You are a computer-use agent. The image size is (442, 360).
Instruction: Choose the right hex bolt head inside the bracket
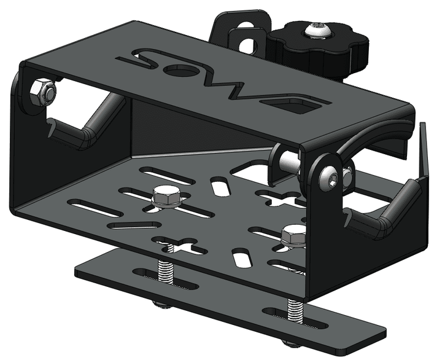293,234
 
